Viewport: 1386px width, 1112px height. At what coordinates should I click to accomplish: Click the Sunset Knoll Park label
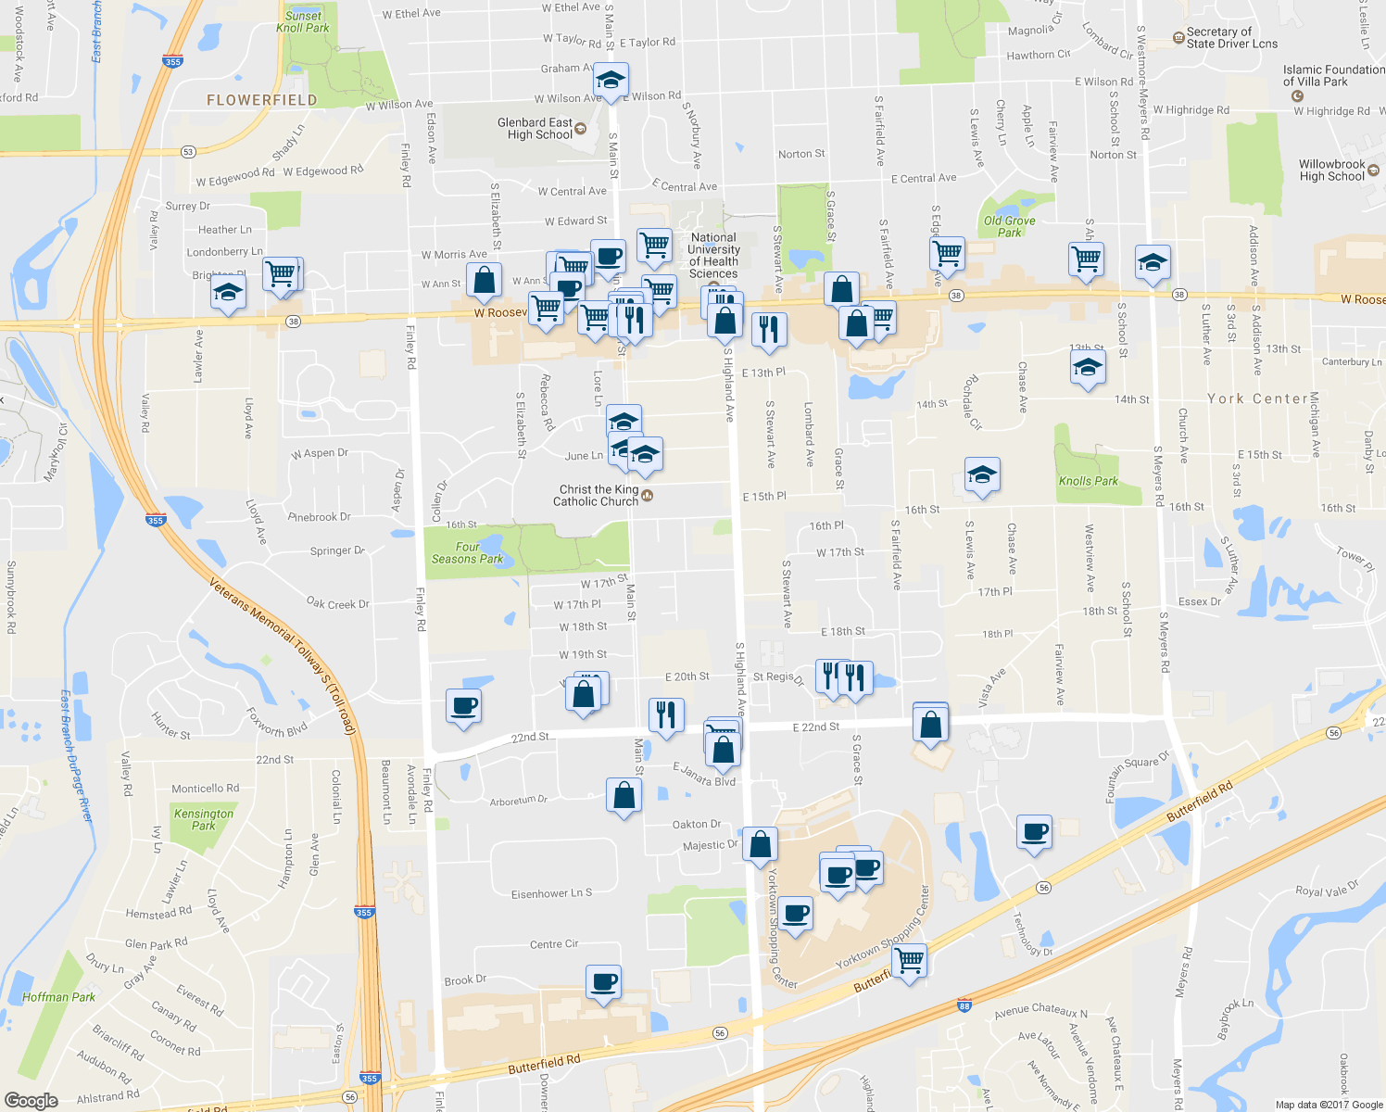tap(303, 21)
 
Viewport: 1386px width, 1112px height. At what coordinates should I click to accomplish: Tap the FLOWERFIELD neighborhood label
tap(261, 100)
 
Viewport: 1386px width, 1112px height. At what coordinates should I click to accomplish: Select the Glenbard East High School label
tap(535, 129)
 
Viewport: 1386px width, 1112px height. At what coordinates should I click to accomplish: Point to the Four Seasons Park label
tap(467, 553)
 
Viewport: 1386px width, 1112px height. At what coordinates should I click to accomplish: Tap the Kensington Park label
tap(204, 819)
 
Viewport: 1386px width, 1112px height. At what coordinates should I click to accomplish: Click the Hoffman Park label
tap(58, 997)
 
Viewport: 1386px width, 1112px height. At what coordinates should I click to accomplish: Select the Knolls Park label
tap(1089, 481)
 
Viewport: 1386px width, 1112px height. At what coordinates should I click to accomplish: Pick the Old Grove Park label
tap(1009, 226)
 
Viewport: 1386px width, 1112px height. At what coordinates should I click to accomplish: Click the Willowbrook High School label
tap(1331, 171)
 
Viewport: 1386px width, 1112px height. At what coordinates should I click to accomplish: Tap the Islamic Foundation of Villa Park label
tap(1333, 76)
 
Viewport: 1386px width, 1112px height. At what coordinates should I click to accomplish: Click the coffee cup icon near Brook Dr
tap(604, 981)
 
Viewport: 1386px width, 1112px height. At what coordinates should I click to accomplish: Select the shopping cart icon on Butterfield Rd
tap(910, 959)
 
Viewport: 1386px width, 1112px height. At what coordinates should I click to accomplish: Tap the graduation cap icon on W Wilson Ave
tap(611, 80)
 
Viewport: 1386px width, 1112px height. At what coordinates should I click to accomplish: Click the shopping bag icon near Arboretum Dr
tap(624, 795)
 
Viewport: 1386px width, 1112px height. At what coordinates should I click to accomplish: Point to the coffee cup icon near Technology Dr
tap(1034, 832)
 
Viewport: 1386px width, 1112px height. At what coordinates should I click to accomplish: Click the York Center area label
tap(1257, 398)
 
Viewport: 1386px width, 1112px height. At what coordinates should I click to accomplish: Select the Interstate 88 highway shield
tap(964, 1005)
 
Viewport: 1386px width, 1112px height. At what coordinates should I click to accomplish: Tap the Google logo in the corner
tap(31, 1100)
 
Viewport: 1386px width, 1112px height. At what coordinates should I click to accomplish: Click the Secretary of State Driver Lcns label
tap(1231, 38)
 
